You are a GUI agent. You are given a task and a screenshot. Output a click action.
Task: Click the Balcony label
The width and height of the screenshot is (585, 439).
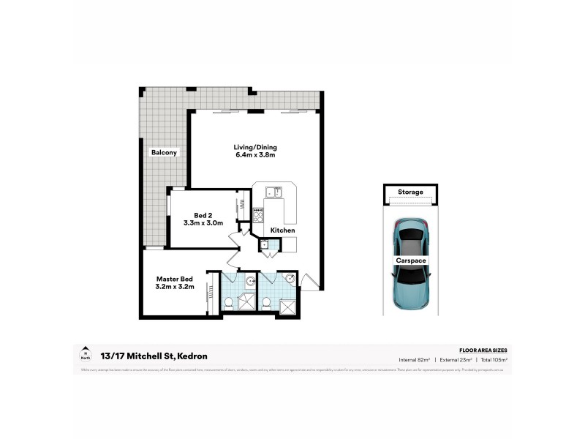click(165, 152)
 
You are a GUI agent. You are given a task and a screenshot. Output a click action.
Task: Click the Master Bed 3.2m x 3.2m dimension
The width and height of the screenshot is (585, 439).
click(174, 288)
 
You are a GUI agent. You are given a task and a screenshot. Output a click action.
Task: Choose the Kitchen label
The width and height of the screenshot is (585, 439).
click(283, 230)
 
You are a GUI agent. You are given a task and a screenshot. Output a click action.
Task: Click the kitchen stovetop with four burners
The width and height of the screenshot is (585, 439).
click(257, 214)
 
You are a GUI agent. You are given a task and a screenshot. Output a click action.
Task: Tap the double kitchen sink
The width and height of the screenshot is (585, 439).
click(273, 192)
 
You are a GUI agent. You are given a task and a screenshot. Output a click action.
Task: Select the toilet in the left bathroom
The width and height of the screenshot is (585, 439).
click(229, 301)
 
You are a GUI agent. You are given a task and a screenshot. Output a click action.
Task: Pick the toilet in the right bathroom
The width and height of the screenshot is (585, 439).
click(266, 302)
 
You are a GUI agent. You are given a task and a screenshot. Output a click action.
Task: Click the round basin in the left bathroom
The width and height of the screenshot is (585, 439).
click(250, 280)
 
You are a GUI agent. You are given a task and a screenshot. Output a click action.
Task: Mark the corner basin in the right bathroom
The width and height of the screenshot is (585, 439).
click(290, 279)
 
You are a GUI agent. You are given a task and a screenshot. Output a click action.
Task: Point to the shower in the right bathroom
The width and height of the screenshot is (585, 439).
click(289, 307)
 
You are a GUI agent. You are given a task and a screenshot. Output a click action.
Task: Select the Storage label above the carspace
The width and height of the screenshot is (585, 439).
click(410, 192)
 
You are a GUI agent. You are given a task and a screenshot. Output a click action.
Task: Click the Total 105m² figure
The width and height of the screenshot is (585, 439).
click(492, 360)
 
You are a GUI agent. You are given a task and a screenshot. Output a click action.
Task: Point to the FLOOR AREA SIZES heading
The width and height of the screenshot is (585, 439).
click(483, 350)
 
